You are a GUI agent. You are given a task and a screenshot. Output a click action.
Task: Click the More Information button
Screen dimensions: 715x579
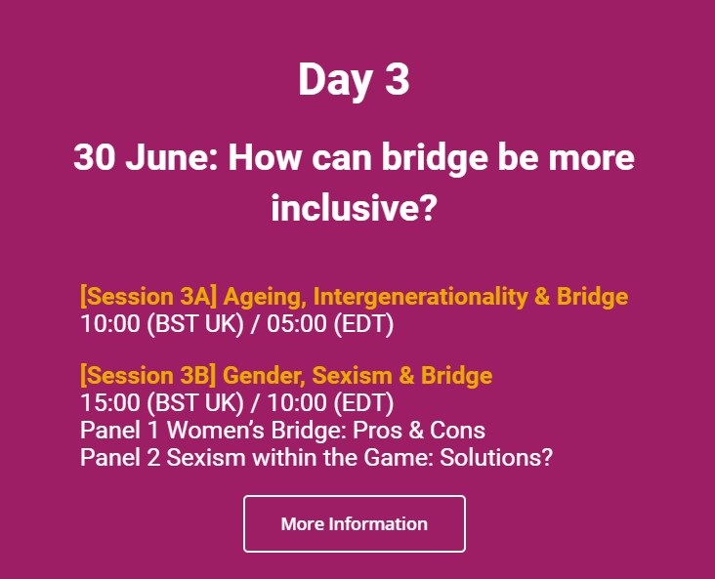pyautogui.click(x=355, y=524)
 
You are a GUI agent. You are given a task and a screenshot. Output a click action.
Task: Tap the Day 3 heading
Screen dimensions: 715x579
pyautogui.click(x=354, y=79)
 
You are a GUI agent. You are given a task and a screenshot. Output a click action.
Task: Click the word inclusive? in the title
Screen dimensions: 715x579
pyautogui.click(x=354, y=207)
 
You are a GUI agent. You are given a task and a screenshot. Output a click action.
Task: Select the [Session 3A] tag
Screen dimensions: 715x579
pyautogui.click(x=148, y=297)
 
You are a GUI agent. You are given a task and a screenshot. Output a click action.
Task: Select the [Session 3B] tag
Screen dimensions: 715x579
pyautogui.click(x=148, y=375)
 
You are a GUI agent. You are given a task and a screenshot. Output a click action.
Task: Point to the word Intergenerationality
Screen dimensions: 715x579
pyautogui.click(x=420, y=297)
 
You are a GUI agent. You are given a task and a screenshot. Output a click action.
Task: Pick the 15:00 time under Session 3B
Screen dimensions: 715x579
pyautogui.click(x=110, y=403)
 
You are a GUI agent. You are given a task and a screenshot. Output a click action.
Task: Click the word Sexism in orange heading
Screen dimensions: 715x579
pyautogui.click(x=352, y=375)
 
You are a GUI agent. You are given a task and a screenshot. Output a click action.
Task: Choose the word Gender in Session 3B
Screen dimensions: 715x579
pyautogui.click(x=264, y=376)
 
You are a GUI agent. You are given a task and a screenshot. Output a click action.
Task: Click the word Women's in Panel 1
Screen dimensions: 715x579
pyautogui.click(x=215, y=430)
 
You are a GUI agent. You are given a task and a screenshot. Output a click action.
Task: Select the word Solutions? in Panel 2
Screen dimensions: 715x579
pyautogui.click(x=496, y=457)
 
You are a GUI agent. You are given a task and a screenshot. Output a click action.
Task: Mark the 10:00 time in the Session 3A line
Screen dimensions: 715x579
pyautogui.click(x=110, y=324)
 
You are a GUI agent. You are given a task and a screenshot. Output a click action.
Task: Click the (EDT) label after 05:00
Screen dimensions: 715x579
pyautogui.click(x=363, y=324)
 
